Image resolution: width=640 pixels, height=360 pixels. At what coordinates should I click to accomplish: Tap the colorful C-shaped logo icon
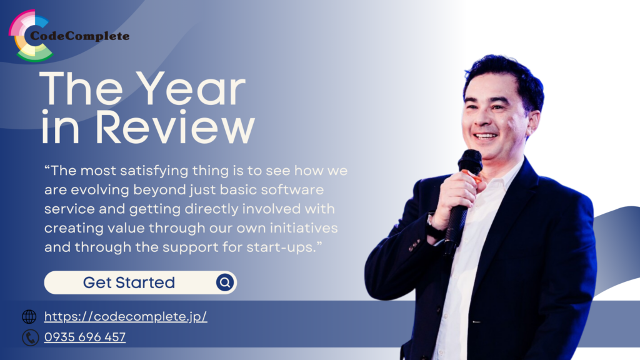tap(28, 36)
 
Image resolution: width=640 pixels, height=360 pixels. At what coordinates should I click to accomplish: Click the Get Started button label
tap(129, 282)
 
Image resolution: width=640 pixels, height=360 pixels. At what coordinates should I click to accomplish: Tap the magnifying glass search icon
tap(224, 282)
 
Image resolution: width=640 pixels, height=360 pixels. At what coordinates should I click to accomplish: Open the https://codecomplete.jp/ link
tap(126, 317)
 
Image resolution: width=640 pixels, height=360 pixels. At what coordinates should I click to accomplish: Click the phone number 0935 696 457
tap(84, 337)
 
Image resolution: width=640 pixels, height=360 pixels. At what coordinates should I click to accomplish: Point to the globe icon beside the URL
tap(29, 317)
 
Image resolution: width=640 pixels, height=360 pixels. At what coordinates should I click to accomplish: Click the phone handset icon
tap(29, 337)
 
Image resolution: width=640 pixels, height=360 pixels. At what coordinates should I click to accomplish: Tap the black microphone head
tap(469, 162)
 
